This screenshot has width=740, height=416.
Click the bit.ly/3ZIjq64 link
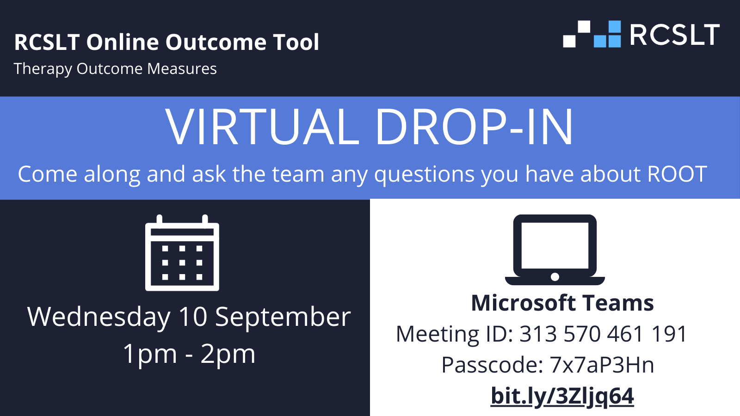pos(562,396)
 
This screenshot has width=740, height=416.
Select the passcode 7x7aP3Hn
pos(602,365)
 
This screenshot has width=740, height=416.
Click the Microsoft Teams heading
pos(562,303)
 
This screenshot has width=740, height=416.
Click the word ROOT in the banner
pos(677,174)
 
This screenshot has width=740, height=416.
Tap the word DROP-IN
pos(475,127)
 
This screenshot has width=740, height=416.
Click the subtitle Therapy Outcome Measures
pos(115,69)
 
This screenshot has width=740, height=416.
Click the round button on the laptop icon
pos(555,277)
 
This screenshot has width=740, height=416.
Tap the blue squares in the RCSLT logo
pos(607,34)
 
